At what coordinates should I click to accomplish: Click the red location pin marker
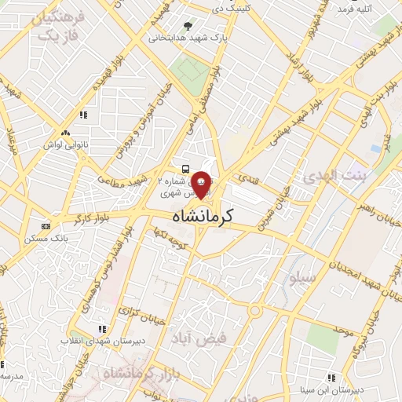click(202, 183)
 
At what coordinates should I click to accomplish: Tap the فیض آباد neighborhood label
click(199, 338)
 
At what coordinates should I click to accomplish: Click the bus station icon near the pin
click(185, 169)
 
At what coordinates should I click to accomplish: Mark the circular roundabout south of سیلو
click(257, 312)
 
